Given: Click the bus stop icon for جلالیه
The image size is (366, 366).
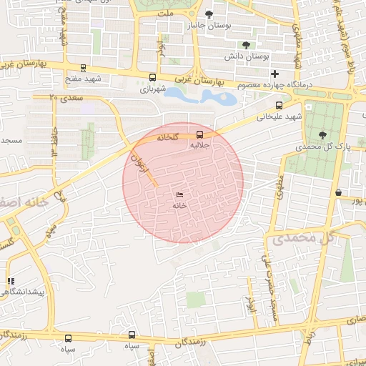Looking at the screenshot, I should click(199, 134).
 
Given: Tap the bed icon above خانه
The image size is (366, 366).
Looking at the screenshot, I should click(179, 195).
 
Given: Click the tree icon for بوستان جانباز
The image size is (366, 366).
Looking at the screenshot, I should click(209, 14).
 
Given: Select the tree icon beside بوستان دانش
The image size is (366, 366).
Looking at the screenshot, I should click(246, 44).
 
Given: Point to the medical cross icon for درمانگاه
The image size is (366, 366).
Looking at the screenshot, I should click(274, 74).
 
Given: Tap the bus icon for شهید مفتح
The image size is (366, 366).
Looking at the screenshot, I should click(84, 69).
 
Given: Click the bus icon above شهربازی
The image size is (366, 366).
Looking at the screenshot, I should click(152, 77).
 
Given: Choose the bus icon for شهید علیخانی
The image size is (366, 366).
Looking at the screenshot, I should click(279, 105).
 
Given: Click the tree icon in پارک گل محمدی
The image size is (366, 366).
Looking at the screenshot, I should click(322, 134).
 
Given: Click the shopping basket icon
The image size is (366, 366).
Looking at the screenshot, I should click(338, 192).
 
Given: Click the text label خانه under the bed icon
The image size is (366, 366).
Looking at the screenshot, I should click(179, 205).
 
